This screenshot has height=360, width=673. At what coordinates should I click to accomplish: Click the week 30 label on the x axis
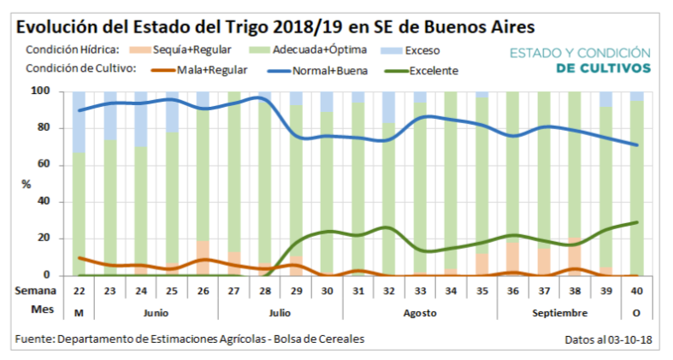327,291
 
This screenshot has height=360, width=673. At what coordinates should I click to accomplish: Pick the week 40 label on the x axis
635,291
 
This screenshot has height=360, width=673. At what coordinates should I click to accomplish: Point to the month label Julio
281,312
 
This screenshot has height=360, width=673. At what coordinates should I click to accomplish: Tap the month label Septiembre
558,312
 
